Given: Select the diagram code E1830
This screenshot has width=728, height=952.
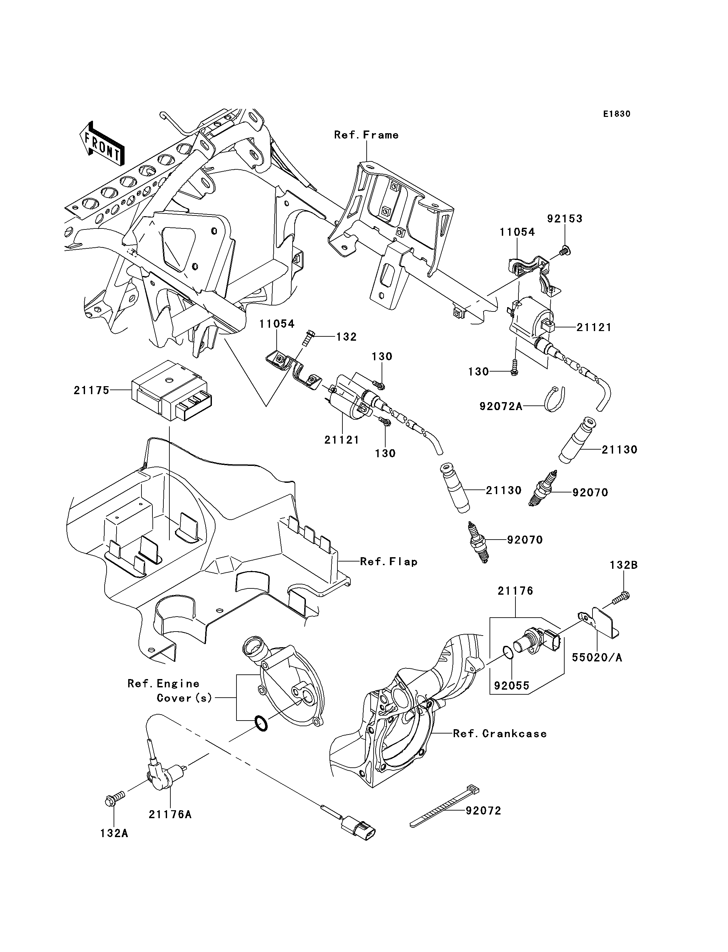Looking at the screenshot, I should pyautogui.click(x=617, y=114).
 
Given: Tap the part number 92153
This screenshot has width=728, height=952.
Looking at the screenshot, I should pyautogui.click(x=564, y=219).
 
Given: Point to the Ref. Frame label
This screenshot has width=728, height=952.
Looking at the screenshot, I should pyautogui.click(x=366, y=135).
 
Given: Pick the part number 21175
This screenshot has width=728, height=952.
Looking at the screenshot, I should pyautogui.click(x=91, y=390).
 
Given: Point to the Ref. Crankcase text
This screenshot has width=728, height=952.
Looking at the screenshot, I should pyautogui.click(x=500, y=734).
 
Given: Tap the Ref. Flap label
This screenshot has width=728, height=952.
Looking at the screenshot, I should pyautogui.click(x=389, y=562).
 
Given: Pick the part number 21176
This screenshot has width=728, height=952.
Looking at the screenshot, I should pyautogui.click(x=515, y=591).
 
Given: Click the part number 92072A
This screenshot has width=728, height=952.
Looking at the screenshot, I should pyautogui.click(x=500, y=406).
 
